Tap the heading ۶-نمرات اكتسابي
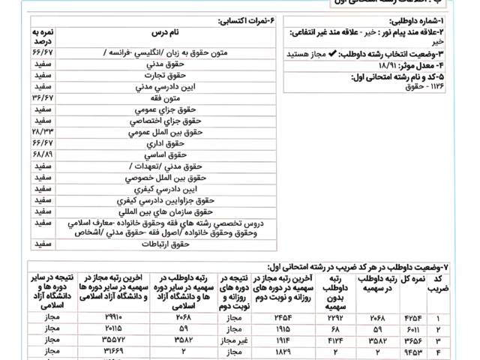tap(245, 21)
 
